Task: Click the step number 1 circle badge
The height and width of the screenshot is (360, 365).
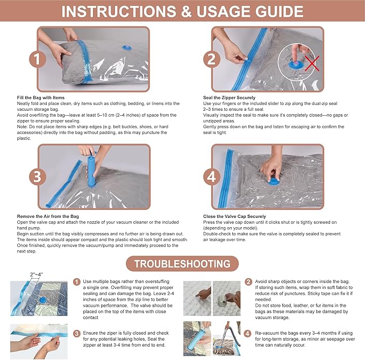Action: (38, 59)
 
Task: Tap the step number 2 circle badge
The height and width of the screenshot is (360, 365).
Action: (212, 59)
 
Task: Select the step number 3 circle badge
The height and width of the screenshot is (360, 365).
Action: (38, 177)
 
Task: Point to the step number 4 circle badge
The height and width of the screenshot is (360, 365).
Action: (212, 177)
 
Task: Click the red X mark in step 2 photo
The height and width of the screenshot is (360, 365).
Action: (312, 63)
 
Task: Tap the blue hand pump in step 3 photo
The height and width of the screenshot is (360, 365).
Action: (91, 170)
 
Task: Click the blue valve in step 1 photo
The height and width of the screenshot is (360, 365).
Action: (127, 48)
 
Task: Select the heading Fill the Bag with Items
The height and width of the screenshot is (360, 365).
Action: (40, 97)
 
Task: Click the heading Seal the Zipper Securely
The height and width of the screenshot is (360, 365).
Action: (229, 97)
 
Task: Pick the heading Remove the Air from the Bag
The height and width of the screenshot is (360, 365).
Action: (48, 216)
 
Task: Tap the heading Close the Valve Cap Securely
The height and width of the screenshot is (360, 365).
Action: (234, 216)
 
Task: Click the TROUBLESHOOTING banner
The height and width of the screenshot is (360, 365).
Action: (182, 264)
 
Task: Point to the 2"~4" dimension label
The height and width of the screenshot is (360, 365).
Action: (37, 274)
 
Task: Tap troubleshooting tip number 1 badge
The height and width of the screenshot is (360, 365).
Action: (76, 282)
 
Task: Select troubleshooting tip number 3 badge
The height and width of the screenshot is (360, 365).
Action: (76, 334)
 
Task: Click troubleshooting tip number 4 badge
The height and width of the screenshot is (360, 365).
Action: (248, 334)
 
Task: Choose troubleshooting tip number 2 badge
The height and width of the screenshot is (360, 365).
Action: (248, 282)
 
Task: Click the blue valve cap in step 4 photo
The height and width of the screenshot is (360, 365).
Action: (274, 181)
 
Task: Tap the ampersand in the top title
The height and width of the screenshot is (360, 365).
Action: (186, 12)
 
